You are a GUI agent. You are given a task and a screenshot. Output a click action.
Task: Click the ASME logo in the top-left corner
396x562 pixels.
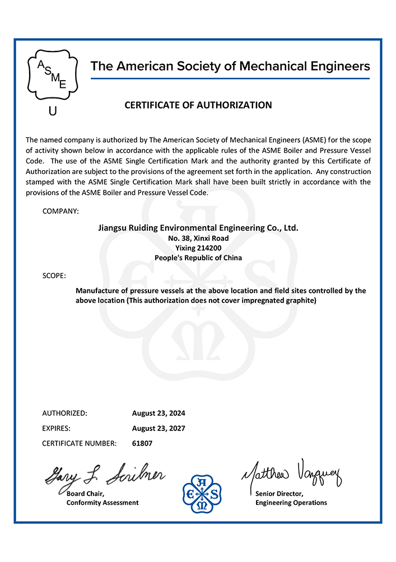point(52,76)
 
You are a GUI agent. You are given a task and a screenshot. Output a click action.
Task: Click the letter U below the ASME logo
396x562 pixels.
point(53,111)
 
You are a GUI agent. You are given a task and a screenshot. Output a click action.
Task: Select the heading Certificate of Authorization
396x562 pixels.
point(198,105)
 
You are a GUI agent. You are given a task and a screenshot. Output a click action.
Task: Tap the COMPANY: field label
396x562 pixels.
point(60,211)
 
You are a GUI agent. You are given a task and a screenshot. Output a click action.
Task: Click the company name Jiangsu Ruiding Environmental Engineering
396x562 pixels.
point(198,228)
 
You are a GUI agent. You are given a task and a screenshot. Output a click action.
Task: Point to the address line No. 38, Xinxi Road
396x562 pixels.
point(198,238)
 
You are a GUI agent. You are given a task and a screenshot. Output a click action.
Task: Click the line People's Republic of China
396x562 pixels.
point(198,258)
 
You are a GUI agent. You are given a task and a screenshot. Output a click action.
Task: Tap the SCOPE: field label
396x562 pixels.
point(54,276)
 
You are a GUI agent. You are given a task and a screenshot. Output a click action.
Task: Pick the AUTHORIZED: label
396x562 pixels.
point(64,413)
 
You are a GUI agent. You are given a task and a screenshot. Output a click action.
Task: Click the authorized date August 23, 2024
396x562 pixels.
point(159,413)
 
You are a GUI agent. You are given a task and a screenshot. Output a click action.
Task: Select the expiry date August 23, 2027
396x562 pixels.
point(159,428)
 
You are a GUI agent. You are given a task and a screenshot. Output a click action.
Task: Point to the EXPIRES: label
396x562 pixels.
point(57,428)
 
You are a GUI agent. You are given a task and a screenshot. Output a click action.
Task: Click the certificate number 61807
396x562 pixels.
point(142,443)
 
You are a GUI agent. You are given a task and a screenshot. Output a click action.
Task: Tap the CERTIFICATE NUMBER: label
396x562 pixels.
point(80,443)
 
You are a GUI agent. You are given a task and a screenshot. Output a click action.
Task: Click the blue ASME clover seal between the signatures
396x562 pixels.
point(202,493)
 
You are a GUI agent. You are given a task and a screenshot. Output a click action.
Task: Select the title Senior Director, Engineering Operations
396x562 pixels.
point(291,498)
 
